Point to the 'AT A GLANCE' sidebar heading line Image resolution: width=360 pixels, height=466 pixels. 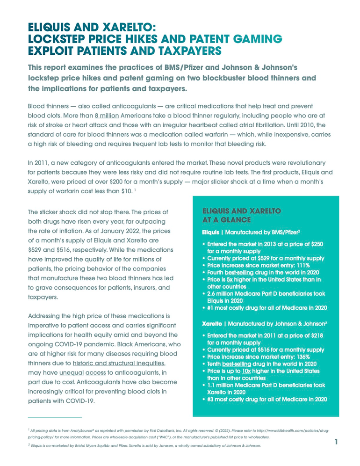tap(226, 219)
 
